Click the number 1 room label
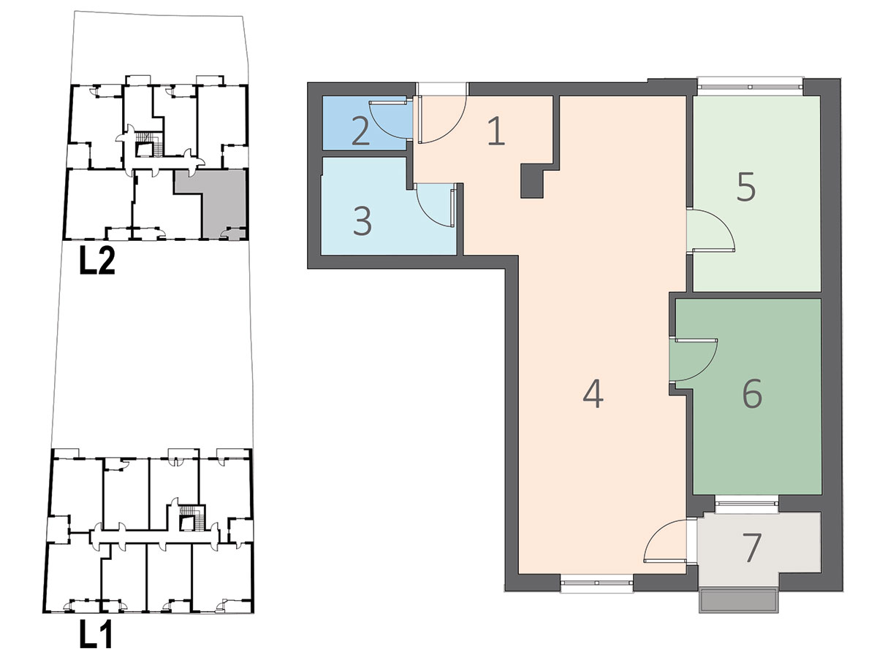(496, 131)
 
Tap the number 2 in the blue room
(361, 131)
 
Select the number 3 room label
(362, 221)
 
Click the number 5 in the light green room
(745, 186)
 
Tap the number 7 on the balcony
(751, 547)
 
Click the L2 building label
(97, 261)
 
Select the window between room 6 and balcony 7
(746, 504)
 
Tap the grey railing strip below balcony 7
(739, 600)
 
